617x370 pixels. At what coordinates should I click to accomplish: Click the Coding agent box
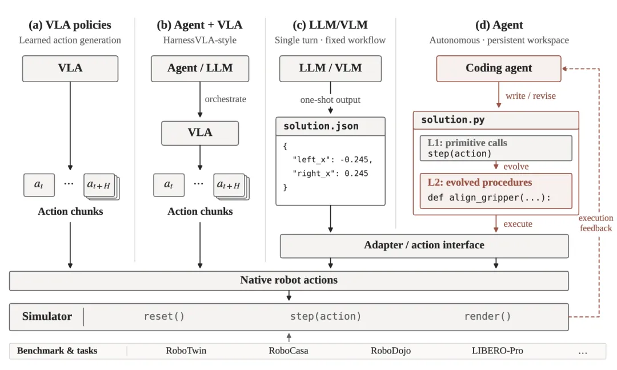pyautogui.click(x=499, y=69)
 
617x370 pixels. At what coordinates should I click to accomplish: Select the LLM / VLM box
pyautogui.click(x=330, y=69)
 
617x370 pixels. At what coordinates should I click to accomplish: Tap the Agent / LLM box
pyautogui.click(x=200, y=69)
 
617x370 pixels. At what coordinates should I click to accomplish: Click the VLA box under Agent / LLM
pyautogui.click(x=200, y=133)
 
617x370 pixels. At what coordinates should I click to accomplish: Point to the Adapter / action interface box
pyautogui.click(x=424, y=246)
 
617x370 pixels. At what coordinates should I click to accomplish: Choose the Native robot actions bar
pyautogui.click(x=289, y=280)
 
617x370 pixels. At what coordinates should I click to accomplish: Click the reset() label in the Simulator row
pyautogui.click(x=164, y=316)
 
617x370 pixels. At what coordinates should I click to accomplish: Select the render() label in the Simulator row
pyautogui.click(x=487, y=316)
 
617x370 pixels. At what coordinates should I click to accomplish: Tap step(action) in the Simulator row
pyautogui.click(x=326, y=316)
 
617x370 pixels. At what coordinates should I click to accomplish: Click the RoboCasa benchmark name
pyautogui.click(x=289, y=351)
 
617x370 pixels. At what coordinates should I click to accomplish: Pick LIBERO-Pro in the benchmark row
pyautogui.click(x=498, y=351)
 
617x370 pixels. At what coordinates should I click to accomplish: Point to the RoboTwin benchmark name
pyautogui.click(x=186, y=351)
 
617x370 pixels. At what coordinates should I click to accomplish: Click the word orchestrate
pyautogui.click(x=226, y=99)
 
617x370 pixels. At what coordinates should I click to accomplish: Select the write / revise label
pyautogui.click(x=530, y=96)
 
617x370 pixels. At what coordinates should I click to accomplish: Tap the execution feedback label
pyautogui.click(x=596, y=223)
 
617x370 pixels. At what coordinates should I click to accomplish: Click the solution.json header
pyautogui.click(x=320, y=126)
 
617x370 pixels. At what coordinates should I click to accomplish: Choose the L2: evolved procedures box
pyautogui.click(x=496, y=191)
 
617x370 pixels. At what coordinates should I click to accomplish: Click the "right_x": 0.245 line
pyautogui.click(x=330, y=174)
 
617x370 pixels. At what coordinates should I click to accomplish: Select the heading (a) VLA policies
pyautogui.click(x=70, y=25)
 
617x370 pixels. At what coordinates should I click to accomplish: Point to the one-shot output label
pyautogui.click(x=330, y=100)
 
